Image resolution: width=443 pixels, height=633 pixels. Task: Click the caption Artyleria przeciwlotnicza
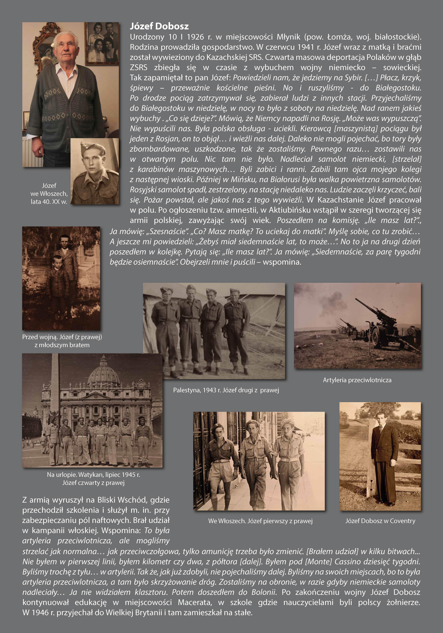(x=357, y=380)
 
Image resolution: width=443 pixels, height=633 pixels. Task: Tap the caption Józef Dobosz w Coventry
(x=380, y=521)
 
